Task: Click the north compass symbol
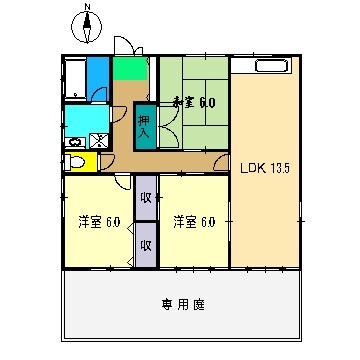pyautogui.click(x=87, y=30)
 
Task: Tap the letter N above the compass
pyautogui.click(x=87, y=8)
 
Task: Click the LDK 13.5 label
pyautogui.click(x=264, y=167)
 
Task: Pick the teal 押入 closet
pyautogui.click(x=145, y=126)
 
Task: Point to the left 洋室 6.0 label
pyautogui.click(x=99, y=221)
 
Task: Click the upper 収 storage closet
pyautogui.click(x=146, y=197)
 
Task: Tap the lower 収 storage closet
pyautogui.click(x=146, y=244)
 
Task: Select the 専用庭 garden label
pyautogui.click(x=182, y=304)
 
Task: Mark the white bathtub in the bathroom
pyautogui.click(x=74, y=79)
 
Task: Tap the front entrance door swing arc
pyautogui.click(x=124, y=45)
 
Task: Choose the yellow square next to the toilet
pyautogui.click(x=92, y=161)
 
